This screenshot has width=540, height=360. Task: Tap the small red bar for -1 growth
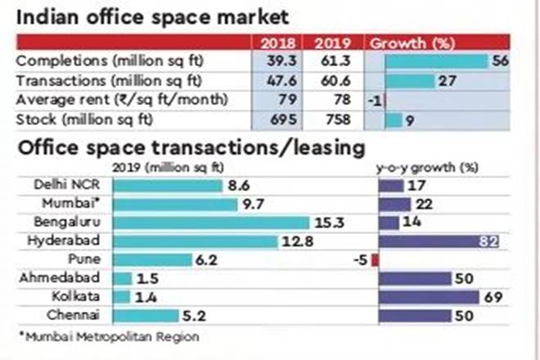point(381,101)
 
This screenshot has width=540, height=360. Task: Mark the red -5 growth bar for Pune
point(376,260)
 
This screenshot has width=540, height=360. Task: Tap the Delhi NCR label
point(74,185)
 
